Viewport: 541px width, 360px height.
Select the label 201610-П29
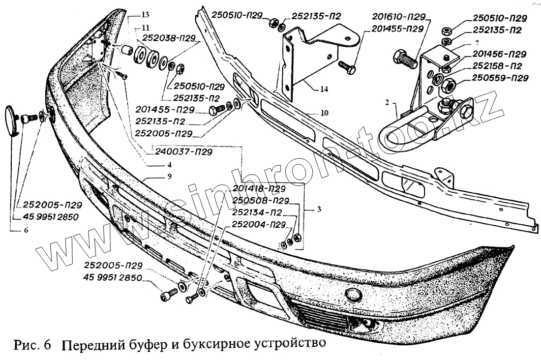click(398, 17)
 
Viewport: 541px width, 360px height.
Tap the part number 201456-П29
click(498, 54)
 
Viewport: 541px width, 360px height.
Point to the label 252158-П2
click(497, 66)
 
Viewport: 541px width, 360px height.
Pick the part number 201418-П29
click(259, 189)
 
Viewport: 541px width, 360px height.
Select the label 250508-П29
click(260, 200)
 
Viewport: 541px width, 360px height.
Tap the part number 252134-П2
click(257, 212)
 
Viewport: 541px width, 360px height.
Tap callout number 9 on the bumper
click(168, 176)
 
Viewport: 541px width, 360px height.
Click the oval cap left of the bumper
click(12, 120)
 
